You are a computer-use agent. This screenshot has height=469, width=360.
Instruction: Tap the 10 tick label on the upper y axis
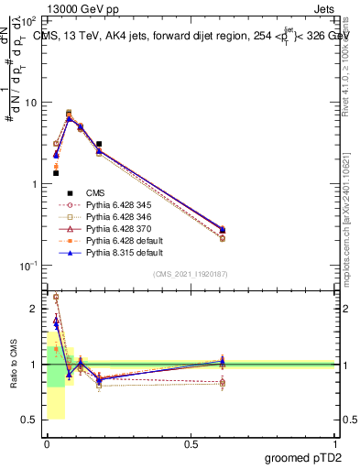pyautogui.click(x=31, y=103)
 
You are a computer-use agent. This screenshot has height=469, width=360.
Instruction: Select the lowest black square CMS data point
pyautogui.click(x=56, y=173)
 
